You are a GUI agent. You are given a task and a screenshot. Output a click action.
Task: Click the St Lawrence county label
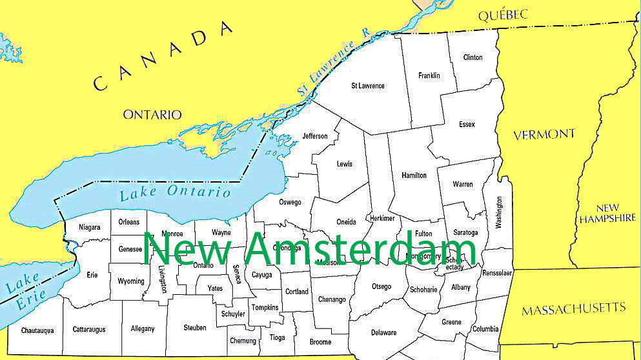(x=368, y=86)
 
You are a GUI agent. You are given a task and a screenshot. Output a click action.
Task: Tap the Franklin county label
(x=429, y=75)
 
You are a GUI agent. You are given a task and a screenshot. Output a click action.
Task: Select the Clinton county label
(x=473, y=57)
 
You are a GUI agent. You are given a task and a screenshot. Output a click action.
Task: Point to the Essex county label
(x=467, y=125)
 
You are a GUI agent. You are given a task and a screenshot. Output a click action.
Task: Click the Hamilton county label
(x=414, y=175)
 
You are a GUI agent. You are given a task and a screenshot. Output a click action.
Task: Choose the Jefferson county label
(x=315, y=136)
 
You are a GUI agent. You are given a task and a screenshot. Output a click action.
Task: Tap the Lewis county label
(x=345, y=164)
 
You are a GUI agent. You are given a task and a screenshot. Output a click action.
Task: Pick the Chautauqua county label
(x=37, y=330)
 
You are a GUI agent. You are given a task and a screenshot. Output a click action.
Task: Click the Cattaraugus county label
(x=89, y=329)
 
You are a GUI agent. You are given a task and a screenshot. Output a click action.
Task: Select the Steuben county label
(x=195, y=328)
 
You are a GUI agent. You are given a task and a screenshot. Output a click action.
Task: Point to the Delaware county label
(x=384, y=332)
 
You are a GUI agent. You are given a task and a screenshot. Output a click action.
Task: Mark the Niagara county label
(x=90, y=227)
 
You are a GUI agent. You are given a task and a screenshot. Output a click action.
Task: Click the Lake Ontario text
(x=176, y=192)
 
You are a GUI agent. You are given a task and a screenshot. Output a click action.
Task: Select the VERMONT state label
(x=544, y=134)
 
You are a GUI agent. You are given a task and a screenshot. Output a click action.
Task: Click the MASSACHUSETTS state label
(x=574, y=308)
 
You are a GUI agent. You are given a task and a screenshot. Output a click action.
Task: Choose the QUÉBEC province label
(x=503, y=15)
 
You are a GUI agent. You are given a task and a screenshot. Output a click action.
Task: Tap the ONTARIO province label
(x=152, y=114)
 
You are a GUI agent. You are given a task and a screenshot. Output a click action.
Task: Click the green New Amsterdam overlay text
(x=310, y=249)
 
